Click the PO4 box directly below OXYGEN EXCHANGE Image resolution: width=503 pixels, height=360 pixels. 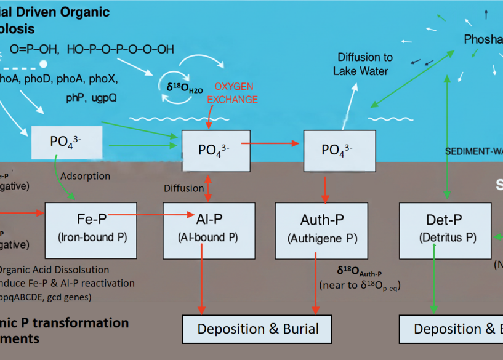[215, 151]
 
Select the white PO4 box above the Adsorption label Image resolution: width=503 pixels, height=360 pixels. [66, 141]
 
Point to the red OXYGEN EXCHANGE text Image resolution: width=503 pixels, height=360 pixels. [233, 94]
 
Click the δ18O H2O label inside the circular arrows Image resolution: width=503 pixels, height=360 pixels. [184, 88]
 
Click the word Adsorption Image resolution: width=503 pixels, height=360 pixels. [86, 176]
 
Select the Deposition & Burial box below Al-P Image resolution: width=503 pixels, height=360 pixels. [257, 329]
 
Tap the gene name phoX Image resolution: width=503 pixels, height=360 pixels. [102, 79]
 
